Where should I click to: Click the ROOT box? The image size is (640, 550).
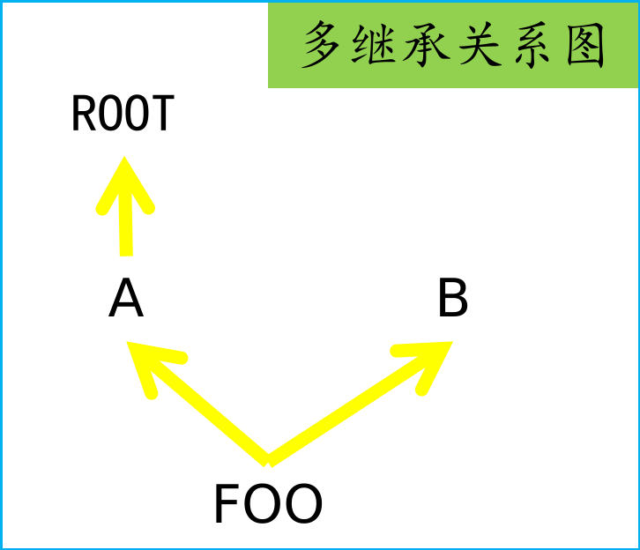[123, 113]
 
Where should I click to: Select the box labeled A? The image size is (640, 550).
[125, 299]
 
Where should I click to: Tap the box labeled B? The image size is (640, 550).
[452, 299]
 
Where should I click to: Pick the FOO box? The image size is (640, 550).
[267, 504]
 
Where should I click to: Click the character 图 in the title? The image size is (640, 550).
[584, 46]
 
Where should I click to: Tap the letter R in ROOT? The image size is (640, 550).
[83, 114]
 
